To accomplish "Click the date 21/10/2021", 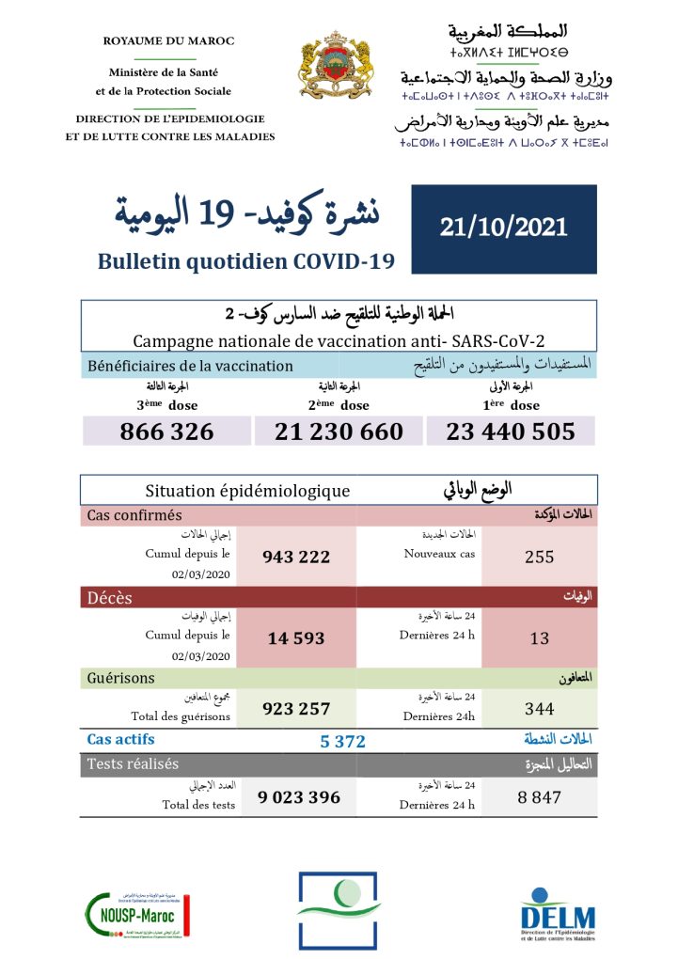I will (x=503, y=227).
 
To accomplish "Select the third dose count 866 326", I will (x=166, y=432).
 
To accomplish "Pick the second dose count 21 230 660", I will (x=339, y=432).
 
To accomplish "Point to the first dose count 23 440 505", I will (x=512, y=432).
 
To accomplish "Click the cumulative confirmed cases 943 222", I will (x=296, y=557).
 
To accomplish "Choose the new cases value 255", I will (x=539, y=557).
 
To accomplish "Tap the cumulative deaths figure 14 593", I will (x=295, y=638).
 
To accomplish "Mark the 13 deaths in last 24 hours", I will (x=539, y=638).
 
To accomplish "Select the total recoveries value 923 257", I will (x=296, y=709).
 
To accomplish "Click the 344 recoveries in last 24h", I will (x=539, y=709).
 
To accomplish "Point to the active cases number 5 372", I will (x=342, y=741).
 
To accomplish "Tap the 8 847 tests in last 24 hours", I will (x=539, y=798).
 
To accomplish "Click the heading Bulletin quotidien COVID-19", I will (x=245, y=261).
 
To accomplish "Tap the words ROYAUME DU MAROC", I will (x=169, y=41).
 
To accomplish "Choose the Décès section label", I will (x=110, y=598).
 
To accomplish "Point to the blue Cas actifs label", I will (x=120, y=740).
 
